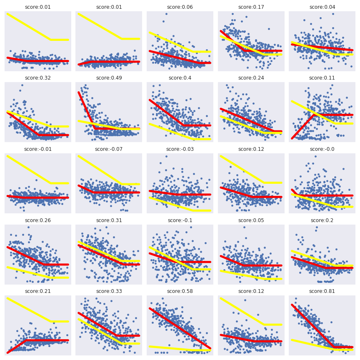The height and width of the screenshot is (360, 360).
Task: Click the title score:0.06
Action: (x=180, y=7)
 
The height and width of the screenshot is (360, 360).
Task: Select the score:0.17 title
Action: (x=251, y=7)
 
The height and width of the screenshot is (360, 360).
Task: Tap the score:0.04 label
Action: (x=322, y=7)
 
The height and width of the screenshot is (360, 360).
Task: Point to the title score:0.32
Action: (x=37, y=78)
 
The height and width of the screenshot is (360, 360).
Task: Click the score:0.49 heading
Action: (x=108, y=78)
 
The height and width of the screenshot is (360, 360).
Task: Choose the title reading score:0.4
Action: (x=180, y=78)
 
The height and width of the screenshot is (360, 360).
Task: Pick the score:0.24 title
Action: (x=251, y=78)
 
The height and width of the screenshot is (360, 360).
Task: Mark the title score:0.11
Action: (x=322, y=78)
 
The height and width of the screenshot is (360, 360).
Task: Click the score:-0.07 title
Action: (x=108, y=149)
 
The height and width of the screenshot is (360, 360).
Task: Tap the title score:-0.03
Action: (x=180, y=149)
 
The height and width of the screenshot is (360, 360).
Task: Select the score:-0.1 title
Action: (x=180, y=220)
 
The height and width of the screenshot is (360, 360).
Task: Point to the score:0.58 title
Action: (x=180, y=291)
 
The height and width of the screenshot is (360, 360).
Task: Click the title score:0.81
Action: (x=322, y=291)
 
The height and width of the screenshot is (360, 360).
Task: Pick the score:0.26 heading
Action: (x=37, y=220)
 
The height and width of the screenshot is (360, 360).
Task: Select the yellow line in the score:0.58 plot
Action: (x=179, y=348)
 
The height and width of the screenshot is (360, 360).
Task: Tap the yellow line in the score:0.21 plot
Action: (x=29, y=310)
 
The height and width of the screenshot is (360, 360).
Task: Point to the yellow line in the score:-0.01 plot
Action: (x=29, y=170)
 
